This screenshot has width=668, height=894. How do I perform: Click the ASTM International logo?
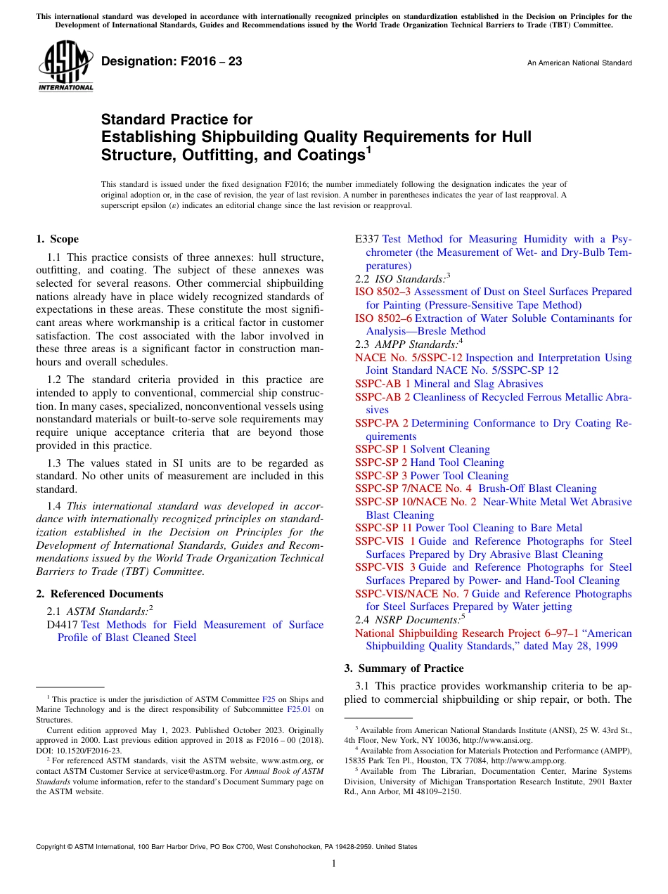[65, 66]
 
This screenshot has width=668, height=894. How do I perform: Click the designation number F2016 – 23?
[172, 62]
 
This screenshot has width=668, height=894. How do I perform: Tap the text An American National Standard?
[579, 63]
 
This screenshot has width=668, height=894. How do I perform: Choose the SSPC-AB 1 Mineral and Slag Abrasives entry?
[449, 384]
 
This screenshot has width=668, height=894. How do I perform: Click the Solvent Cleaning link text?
[450, 449]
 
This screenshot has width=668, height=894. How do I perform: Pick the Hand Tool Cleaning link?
[457, 462]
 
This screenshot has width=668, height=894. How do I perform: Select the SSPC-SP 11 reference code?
[384, 528]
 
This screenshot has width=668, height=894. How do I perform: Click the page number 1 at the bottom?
[334, 864]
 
